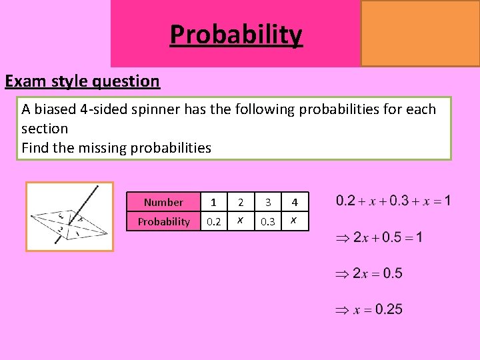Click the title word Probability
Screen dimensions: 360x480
click(236, 34)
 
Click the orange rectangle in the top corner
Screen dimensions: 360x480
click(420, 33)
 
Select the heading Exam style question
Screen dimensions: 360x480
click(83, 81)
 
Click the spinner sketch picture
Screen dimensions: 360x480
click(69, 216)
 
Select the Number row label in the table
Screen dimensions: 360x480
click(163, 202)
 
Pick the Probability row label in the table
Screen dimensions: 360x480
click(163, 221)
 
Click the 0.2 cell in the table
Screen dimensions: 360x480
click(213, 221)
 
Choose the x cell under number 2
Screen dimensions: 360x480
click(241, 221)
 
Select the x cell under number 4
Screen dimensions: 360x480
click(294, 221)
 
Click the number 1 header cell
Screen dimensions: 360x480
click(213, 202)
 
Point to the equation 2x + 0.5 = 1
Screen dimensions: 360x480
click(379, 237)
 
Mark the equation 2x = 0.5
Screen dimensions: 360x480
click(369, 273)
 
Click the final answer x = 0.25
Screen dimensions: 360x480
click(369, 309)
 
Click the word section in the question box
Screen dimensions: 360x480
click(45, 128)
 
